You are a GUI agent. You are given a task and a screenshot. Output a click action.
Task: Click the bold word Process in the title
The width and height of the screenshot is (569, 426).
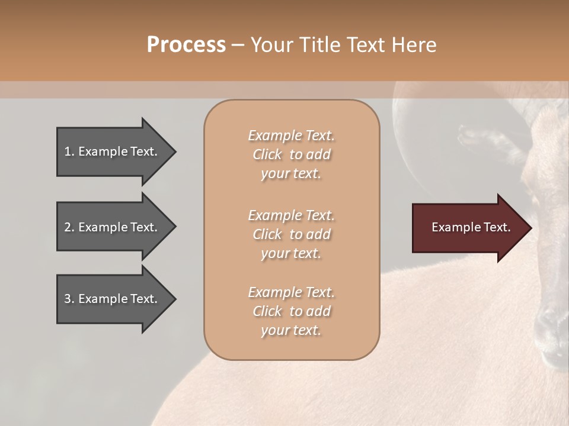(186, 44)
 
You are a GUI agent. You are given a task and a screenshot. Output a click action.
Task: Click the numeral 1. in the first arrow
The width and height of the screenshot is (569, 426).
(69, 151)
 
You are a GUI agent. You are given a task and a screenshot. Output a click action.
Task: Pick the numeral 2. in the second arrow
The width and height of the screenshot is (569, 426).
(69, 227)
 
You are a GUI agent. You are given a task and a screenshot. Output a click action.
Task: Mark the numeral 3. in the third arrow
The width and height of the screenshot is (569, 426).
(69, 299)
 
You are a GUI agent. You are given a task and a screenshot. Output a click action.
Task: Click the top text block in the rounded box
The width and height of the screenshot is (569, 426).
(291, 154)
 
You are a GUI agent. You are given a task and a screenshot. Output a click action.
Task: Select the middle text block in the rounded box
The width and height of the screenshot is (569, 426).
(291, 234)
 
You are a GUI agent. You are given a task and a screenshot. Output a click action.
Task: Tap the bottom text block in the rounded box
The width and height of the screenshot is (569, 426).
(291, 311)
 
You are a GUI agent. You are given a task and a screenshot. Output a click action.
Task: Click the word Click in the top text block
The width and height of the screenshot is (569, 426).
(267, 154)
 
